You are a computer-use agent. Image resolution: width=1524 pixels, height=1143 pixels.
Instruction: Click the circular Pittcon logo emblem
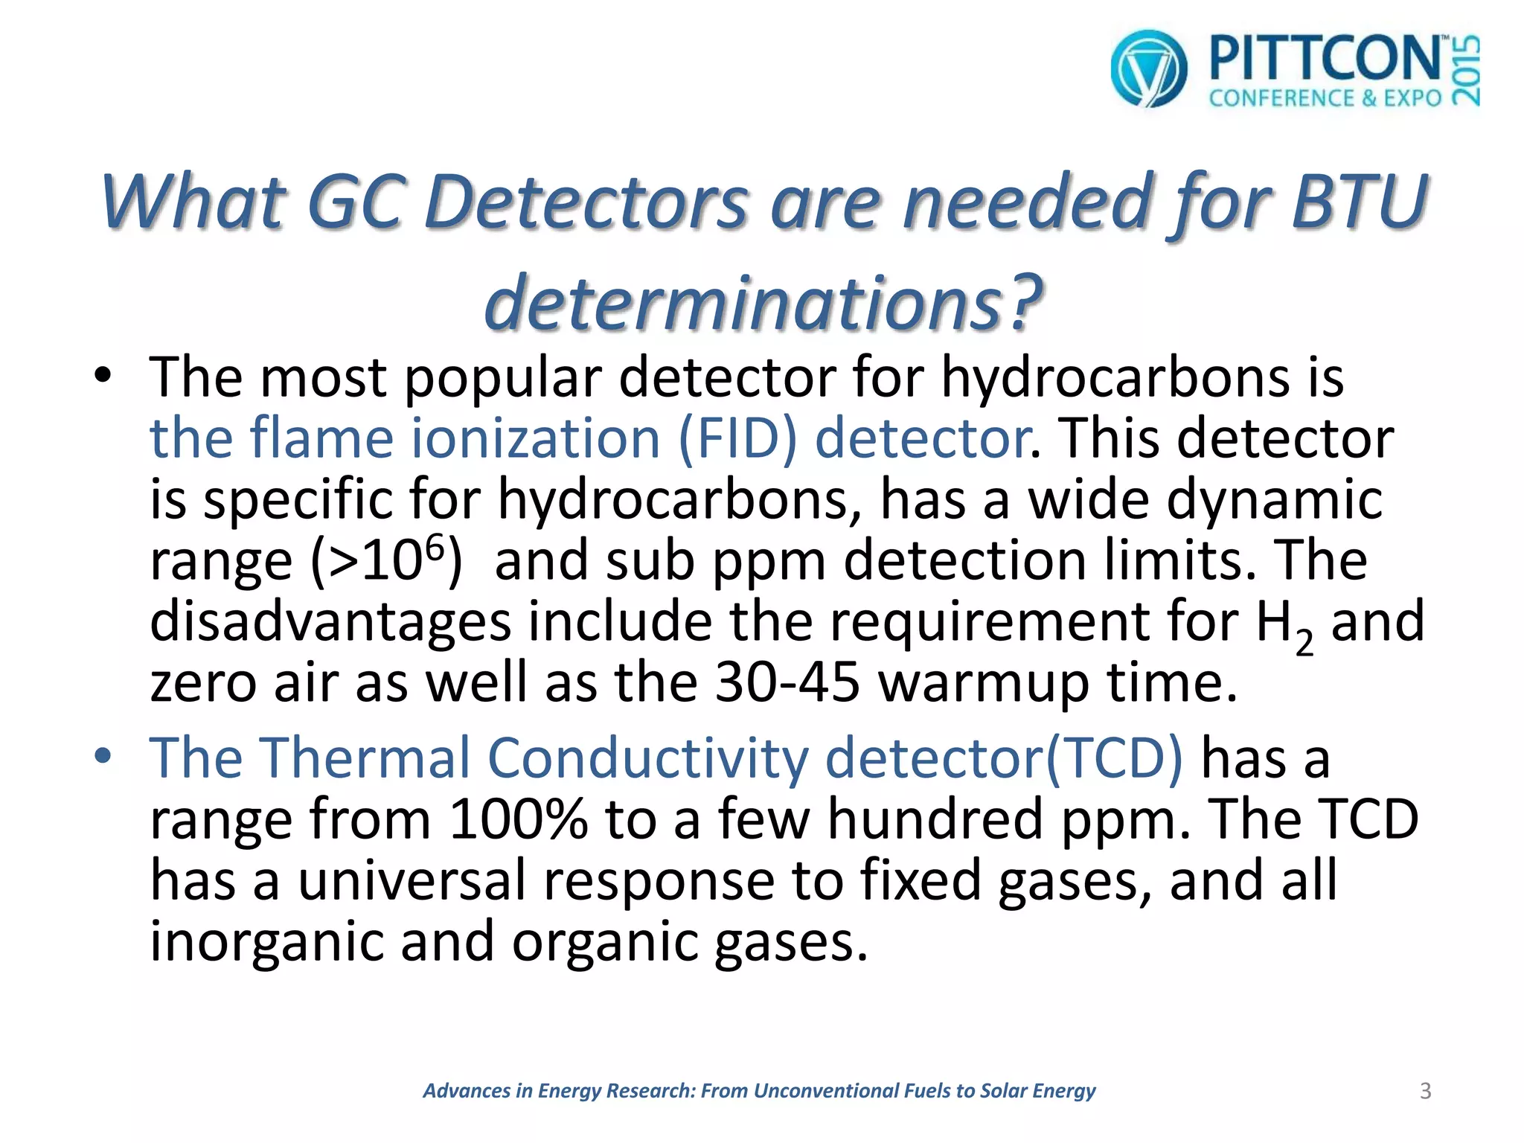point(1148,68)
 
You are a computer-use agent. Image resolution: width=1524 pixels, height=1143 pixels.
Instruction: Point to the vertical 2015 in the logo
point(1467,71)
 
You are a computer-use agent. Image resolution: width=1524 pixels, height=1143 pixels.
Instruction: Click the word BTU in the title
point(1360,201)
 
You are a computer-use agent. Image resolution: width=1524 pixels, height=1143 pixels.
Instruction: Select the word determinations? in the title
point(763,301)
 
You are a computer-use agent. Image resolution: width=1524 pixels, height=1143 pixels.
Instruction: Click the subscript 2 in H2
point(1304,641)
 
